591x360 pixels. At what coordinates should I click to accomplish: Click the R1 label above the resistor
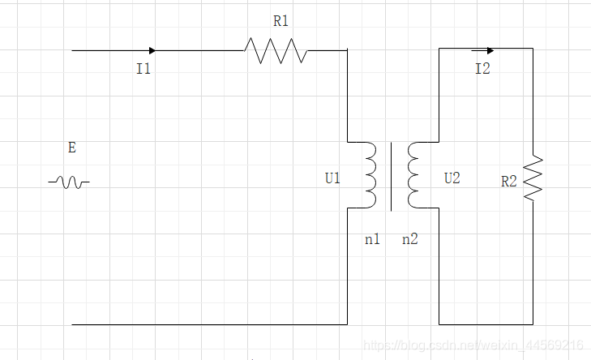coord(281,22)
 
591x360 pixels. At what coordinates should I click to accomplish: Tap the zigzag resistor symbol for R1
coord(276,51)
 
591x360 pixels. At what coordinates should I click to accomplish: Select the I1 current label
coord(143,70)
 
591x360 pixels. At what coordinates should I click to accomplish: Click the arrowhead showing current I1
coord(152,50)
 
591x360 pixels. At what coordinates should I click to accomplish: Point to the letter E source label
coord(72,148)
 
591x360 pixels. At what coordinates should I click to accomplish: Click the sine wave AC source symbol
coord(69,182)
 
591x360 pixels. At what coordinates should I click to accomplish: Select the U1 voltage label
coord(333,178)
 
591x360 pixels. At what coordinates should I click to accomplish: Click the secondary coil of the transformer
coord(413,175)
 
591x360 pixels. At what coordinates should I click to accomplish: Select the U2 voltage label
coord(452,178)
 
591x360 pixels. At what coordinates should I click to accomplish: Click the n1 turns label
coord(373,239)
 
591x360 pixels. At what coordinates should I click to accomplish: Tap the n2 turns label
coord(410,239)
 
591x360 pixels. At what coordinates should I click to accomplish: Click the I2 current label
coord(482,69)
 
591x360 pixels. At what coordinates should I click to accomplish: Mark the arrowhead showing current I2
coord(490,50)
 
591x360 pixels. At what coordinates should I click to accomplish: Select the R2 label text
coord(509,182)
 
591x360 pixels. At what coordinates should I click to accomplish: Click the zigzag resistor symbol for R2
coord(533,179)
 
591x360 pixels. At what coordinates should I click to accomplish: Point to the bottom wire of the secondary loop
coord(486,324)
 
